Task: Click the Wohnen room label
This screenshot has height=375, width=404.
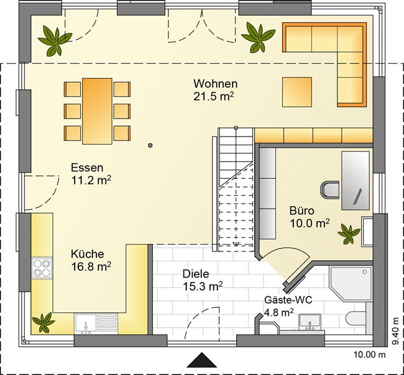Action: (216, 84)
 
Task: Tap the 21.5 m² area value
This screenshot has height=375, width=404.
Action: (214, 96)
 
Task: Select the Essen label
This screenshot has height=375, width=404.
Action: (87, 168)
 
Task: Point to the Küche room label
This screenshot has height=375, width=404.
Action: (88, 254)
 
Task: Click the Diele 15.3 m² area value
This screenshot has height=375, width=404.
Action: (203, 286)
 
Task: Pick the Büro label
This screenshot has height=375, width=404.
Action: (301, 210)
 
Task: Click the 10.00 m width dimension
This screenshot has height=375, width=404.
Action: (369, 355)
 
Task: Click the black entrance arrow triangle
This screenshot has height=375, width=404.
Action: (201, 360)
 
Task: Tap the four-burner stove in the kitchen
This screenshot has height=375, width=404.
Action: (42, 268)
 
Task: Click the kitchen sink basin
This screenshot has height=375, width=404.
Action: (85, 324)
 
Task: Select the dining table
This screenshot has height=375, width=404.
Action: (97, 111)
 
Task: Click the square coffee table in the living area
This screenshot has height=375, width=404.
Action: (297, 92)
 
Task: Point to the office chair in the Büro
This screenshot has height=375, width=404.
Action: (329, 190)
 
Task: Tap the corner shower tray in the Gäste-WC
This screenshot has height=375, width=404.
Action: (351, 284)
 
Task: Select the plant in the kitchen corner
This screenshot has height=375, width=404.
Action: (44, 322)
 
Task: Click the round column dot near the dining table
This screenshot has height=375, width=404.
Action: (150, 145)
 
